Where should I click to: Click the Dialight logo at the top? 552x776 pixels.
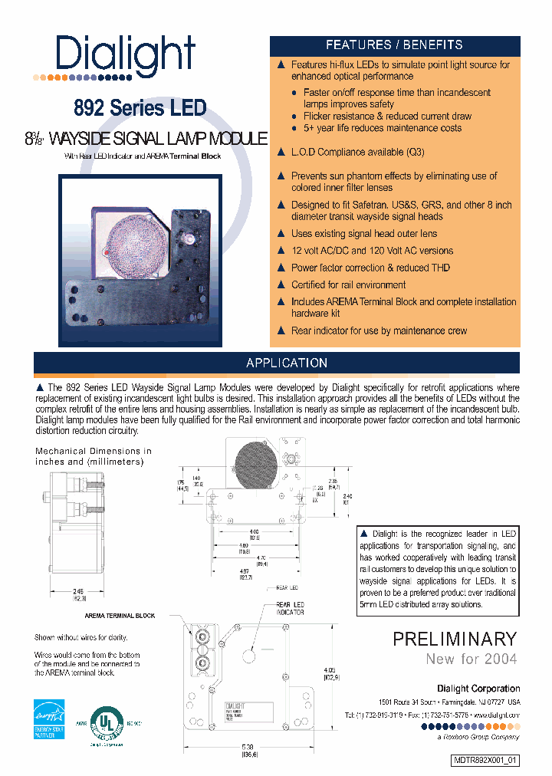pyautogui.click(x=125, y=55)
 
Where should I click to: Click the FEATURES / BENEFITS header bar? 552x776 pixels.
pyautogui.click(x=394, y=45)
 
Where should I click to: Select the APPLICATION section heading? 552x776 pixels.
pyautogui.click(x=287, y=363)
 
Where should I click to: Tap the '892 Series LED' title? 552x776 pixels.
pyautogui.click(x=140, y=109)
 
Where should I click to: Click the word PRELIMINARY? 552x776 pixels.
pyautogui.click(x=455, y=639)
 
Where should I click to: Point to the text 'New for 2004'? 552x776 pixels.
pyautogui.click(x=472, y=659)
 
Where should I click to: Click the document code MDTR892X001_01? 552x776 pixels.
pyautogui.click(x=485, y=761)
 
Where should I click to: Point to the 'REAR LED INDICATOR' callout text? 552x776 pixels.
pyautogui.click(x=290, y=608)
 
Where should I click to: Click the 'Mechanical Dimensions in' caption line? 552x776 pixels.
pyautogui.click(x=94, y=452)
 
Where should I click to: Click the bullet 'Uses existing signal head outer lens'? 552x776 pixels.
pyautogui.click(x=363, y=234)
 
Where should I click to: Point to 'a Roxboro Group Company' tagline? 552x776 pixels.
pyautogui.click(x=476, y=737)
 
